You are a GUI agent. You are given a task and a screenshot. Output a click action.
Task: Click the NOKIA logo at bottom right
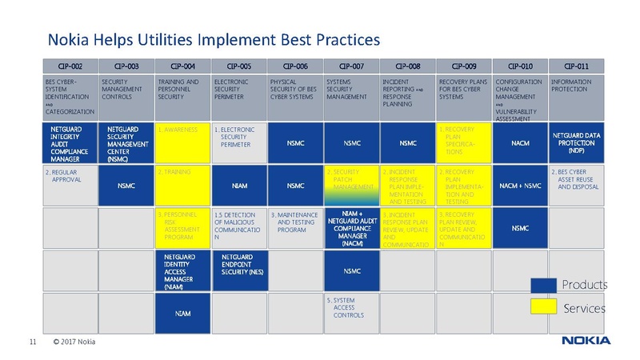[586, 342]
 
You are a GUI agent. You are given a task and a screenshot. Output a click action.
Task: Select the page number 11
[32, 342]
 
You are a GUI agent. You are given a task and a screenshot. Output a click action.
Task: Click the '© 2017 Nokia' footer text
[74, 342]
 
